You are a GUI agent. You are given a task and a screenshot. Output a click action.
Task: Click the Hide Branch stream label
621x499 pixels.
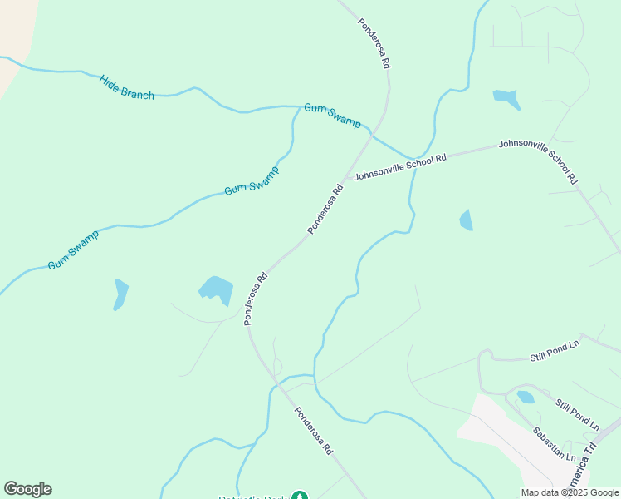pyautogui.click(x=126, y=87)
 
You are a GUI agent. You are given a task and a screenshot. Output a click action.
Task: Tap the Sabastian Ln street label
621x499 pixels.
pyautogui.click(x=554, y=444)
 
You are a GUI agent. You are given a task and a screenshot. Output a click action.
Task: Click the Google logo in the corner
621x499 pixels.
pyautogui.click(x=27, y=489)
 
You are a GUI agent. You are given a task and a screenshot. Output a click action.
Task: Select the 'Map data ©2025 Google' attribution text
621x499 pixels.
pyautogui.click(x=570, y=492)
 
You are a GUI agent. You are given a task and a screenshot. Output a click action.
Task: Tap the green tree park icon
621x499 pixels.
pyautogui.click(x=299, y=497)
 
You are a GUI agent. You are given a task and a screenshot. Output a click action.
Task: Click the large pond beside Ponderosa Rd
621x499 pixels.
pyautogui.click(x=217, y=290)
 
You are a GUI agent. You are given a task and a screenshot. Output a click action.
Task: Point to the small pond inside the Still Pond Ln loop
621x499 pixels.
pyautogui.click(x=526, y=397)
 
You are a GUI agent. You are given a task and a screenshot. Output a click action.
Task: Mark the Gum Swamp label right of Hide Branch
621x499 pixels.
pyautogui.click(x=332, y=115)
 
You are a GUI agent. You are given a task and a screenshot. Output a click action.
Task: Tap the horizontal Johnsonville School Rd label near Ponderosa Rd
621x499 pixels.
pyautogui.click(x=400, y=166)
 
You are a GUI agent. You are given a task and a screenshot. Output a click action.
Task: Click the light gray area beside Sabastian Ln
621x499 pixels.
pyautogui.click(x=490, y=424)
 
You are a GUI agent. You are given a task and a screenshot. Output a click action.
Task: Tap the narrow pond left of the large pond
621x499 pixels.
pyautogui.click(x=120, y=294)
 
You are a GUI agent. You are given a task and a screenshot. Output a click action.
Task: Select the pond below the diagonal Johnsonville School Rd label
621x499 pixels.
pyautogui.click(x=467, y=220)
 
